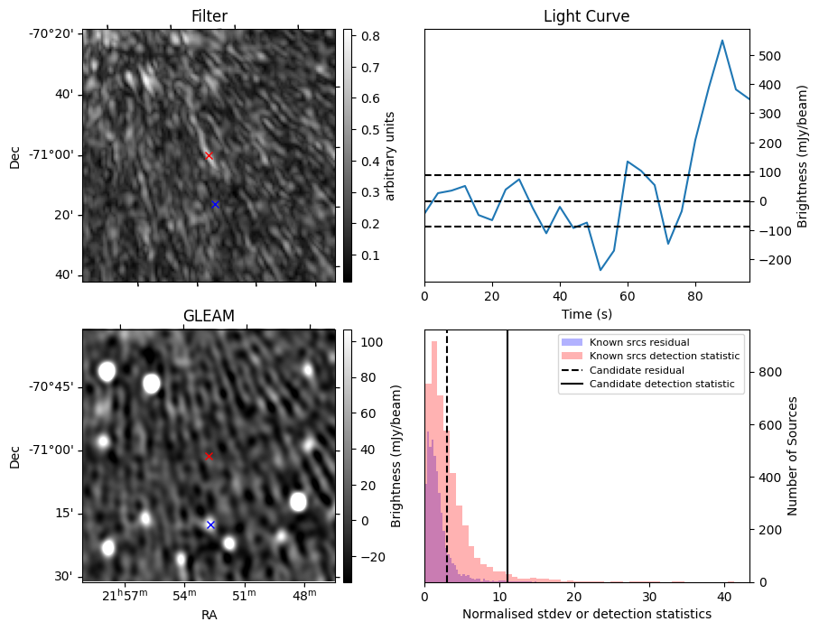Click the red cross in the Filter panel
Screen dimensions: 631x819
pos(209,155)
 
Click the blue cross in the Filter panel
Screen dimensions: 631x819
pos(215,204)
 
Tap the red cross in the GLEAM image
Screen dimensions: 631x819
pos(209,456)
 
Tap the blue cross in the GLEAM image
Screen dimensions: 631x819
pos(210,524)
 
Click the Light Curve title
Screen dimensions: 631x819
pos(586,17)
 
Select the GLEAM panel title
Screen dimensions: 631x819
pos(209,316)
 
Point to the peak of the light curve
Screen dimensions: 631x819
pos(722,41)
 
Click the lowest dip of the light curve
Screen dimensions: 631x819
pos(600,270)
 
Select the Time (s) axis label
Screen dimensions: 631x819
pos(586,314)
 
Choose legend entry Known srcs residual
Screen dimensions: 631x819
pos(638,342)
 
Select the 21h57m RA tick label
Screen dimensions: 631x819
pos(125,596)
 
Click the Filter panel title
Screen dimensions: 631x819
pos(209,17)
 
